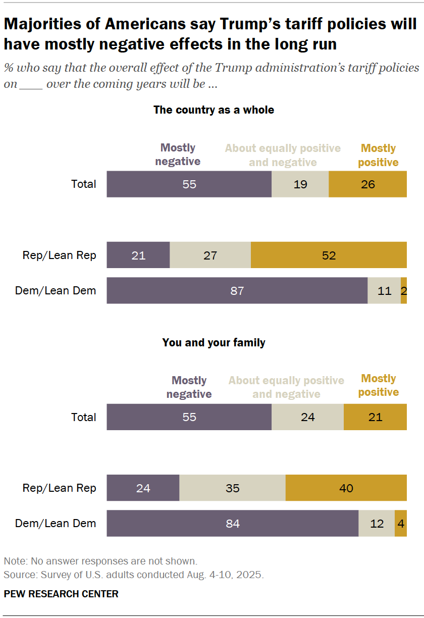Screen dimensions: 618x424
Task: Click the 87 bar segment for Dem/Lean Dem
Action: (x=237, y=290)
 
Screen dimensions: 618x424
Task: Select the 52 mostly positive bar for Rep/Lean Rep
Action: (x=329, y=255)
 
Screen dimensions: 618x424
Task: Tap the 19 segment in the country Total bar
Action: (x=300, y=184)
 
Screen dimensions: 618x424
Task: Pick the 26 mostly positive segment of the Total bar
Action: (x=367, y=184)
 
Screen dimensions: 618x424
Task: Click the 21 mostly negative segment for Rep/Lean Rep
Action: (x=138, y=255)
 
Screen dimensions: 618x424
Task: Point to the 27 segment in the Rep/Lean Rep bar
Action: (x=210, y=255)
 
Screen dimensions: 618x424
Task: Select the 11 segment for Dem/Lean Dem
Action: (x=384, y=290)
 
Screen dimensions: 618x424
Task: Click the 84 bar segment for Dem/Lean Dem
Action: (x=233, y=523)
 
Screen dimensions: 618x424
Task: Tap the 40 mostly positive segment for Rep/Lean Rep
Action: (x=346, y=488)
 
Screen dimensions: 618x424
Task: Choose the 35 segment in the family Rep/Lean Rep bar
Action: (x=233, y=488)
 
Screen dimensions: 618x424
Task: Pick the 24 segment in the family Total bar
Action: (x=307, y=417)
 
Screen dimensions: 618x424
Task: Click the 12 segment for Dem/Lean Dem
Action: (x=377, y=523)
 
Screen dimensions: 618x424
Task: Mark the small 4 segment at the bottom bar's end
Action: (x=401, y=523)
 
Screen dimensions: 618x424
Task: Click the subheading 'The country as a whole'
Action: (x=214, y=110)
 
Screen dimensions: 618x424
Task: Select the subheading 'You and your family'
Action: (x=214, y=342)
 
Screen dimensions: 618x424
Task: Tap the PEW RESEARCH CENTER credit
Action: (x=61, y=594)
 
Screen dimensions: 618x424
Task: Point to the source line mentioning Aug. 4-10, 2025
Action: (x=134, y=575)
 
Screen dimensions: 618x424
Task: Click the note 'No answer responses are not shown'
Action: (x=100, y=561)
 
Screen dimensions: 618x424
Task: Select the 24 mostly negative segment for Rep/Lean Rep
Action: (x=143, y=488)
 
